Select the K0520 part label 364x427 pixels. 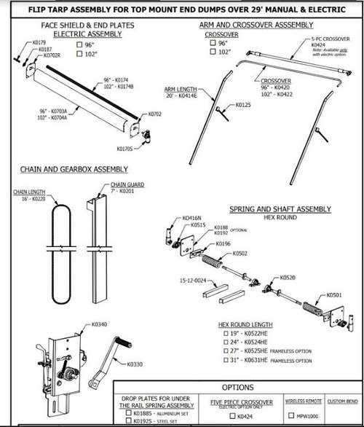pyautogui.click(x=288, y=278)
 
